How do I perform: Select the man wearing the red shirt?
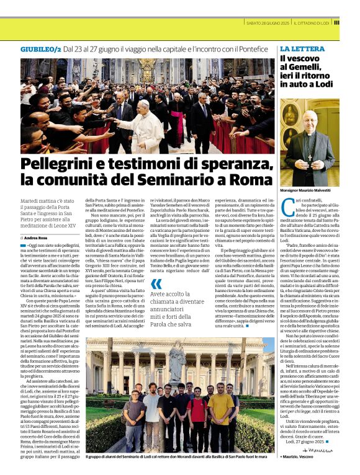point(198,409)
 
